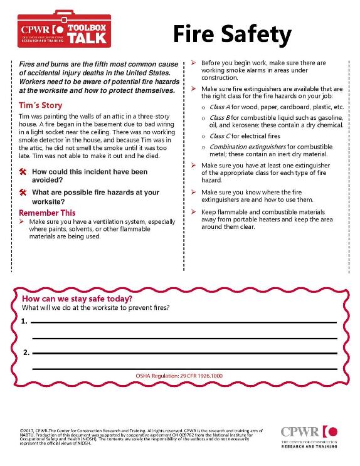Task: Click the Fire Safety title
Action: pos(232,34)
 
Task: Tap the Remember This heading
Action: pos(47,213)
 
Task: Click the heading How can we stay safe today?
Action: pos(77,299)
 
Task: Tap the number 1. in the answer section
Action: pos(24,321)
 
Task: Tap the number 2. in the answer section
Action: pos(24,352)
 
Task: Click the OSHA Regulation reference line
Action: pos(179,376)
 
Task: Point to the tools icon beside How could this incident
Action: pos(22,172)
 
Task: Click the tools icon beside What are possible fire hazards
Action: pos(22,193)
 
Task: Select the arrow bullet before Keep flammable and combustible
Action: pos(194,213)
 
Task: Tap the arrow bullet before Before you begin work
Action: pos(194,63)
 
